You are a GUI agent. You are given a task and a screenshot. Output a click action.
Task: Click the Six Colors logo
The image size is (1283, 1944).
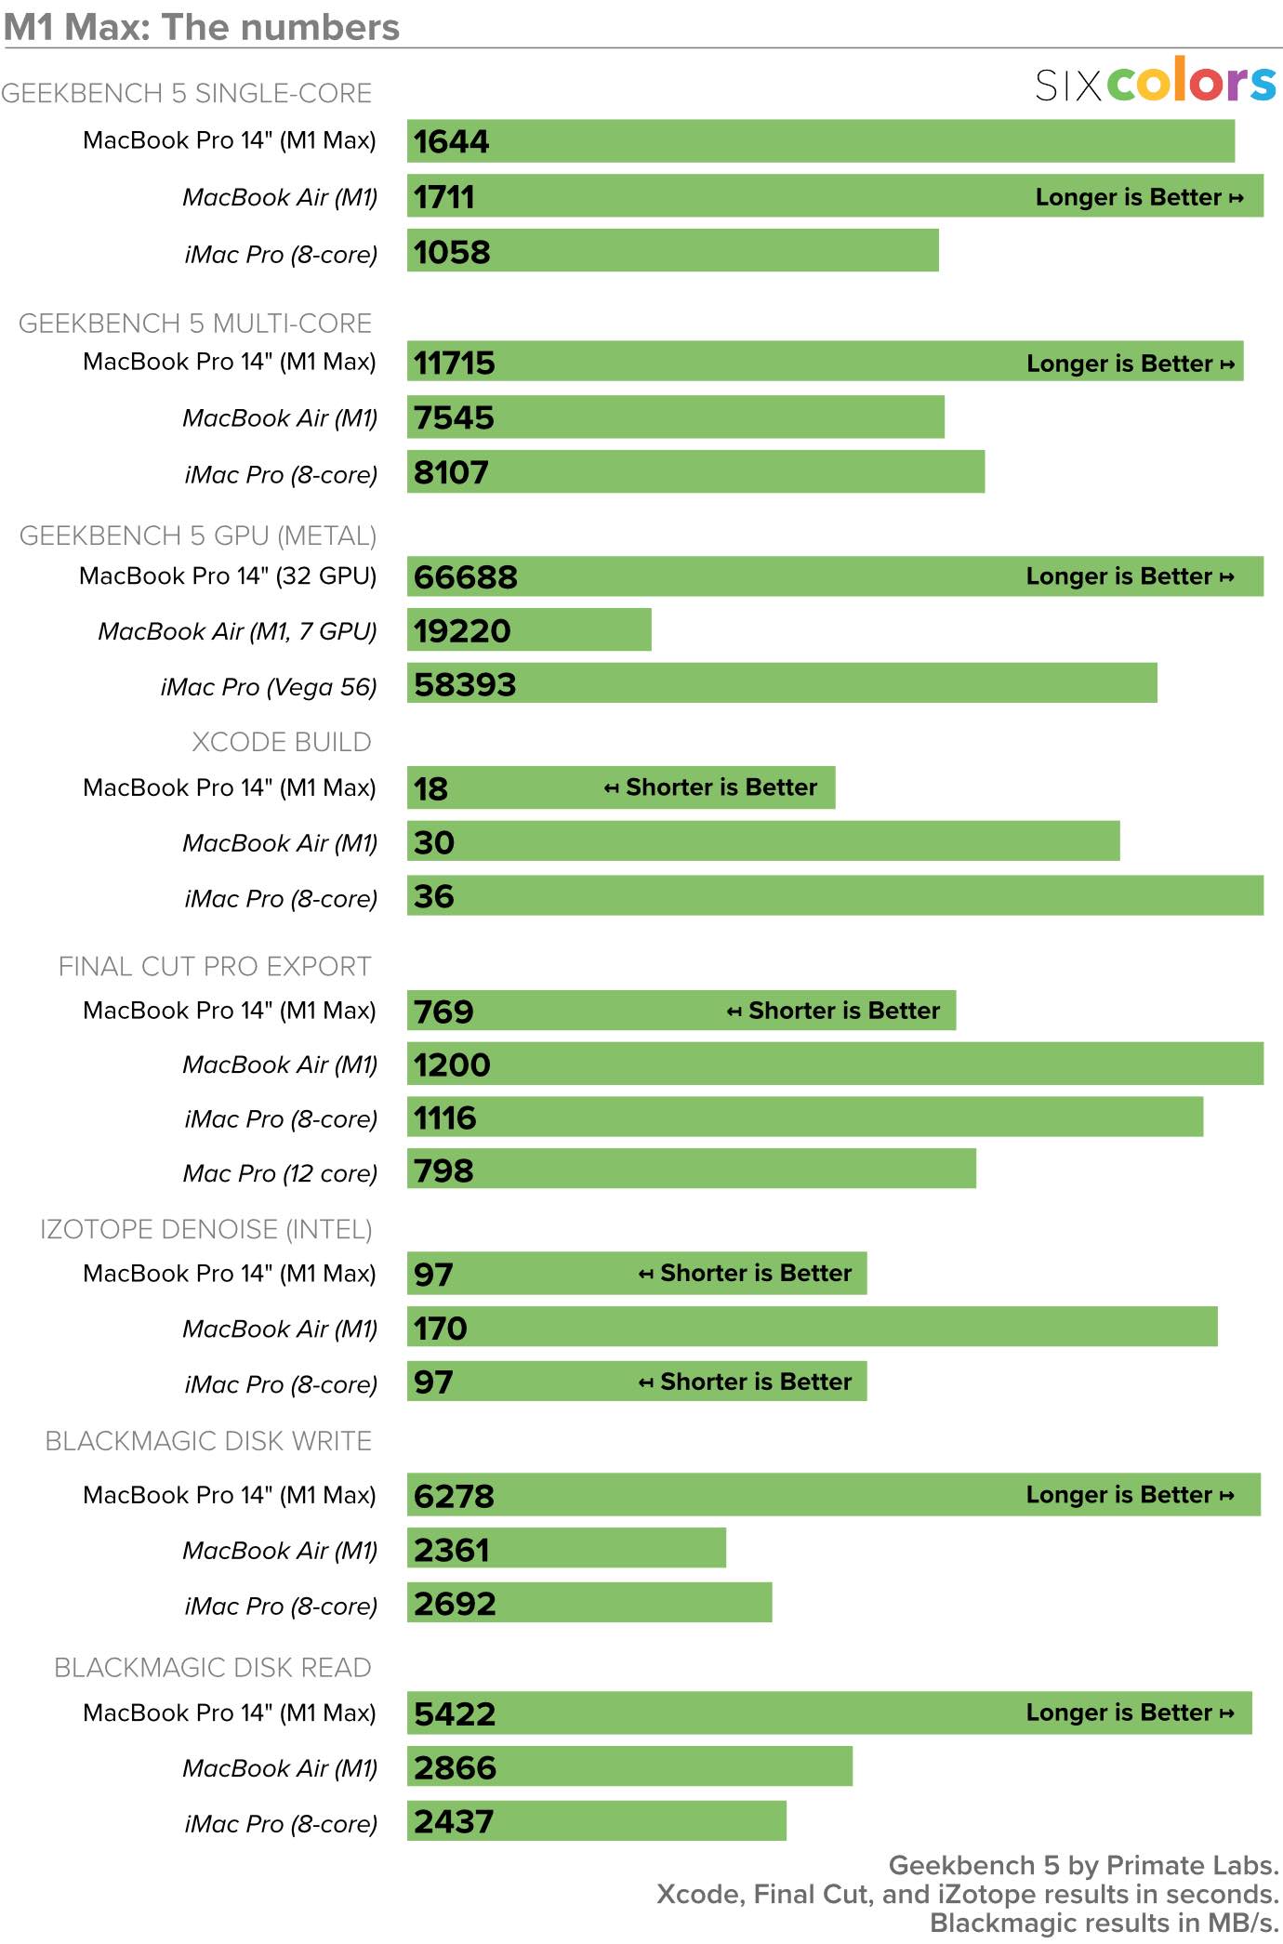[x=1156, y=82]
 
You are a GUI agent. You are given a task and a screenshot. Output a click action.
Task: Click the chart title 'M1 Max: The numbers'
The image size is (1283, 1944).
[x=202, y=27]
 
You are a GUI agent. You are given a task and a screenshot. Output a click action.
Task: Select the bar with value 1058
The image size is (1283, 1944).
[x=672, y=251]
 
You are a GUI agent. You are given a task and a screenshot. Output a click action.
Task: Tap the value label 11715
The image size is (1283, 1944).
[x=455, y=363]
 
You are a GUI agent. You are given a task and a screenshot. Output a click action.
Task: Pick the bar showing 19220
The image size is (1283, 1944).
[x=529, y=630]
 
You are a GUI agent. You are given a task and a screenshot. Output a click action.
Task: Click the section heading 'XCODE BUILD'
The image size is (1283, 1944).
[x=281, y=742]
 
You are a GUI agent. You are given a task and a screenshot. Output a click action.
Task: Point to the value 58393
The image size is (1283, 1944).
[x=465, y=685]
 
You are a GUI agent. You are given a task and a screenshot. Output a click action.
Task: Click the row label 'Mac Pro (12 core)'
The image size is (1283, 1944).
[x=280, y=1173]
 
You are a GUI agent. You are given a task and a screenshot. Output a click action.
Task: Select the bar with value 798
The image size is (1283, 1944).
[x=692, y=1170]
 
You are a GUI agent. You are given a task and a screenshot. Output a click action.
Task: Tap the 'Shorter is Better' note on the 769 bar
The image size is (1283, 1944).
[x=834, y=1011]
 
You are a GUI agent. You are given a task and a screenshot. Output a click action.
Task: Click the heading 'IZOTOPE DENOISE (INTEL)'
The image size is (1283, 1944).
[x=205, y=1229]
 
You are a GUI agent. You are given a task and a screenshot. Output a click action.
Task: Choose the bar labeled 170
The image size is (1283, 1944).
[x=812, y=1327]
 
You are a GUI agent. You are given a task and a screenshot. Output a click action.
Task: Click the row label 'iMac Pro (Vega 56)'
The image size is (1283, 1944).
[x=269, y=687]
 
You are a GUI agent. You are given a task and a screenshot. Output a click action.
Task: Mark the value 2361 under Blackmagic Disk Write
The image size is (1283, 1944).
[x=452, y=1550]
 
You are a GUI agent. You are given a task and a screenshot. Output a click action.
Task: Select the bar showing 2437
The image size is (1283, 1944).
[x=597, y=1821]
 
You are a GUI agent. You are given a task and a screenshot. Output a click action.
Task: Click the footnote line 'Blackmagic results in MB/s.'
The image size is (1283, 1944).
[x=1104, y=1924]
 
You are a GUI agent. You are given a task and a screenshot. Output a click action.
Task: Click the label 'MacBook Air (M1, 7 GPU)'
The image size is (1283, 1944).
[x=237, y=631]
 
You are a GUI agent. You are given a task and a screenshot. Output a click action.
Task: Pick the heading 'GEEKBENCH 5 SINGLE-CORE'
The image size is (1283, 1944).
[x=186, y=93]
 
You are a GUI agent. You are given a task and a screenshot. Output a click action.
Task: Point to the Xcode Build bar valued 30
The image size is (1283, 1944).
[x=763, y=842]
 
